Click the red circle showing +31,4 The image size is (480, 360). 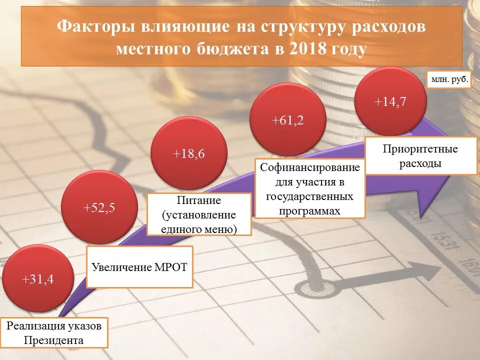[x=38, y=279]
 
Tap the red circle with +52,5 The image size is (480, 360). [x=98, y=207]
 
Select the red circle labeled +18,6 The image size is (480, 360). [x=189, y=154]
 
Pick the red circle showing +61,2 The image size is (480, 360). [x=287, y=120]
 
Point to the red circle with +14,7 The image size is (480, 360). [x=390, y=101]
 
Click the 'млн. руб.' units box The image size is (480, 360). [x=449, y=79]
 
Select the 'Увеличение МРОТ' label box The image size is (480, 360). [x=139, y=267]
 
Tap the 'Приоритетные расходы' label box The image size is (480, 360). [x=420, y=156]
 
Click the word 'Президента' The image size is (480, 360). [x=57, y=340]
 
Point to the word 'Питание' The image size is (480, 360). [x=199, y=200]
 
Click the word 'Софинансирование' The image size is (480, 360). [x=310, y=167]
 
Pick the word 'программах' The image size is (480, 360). [x=310, y=210]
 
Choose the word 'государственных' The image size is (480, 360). [x=310, y=196]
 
